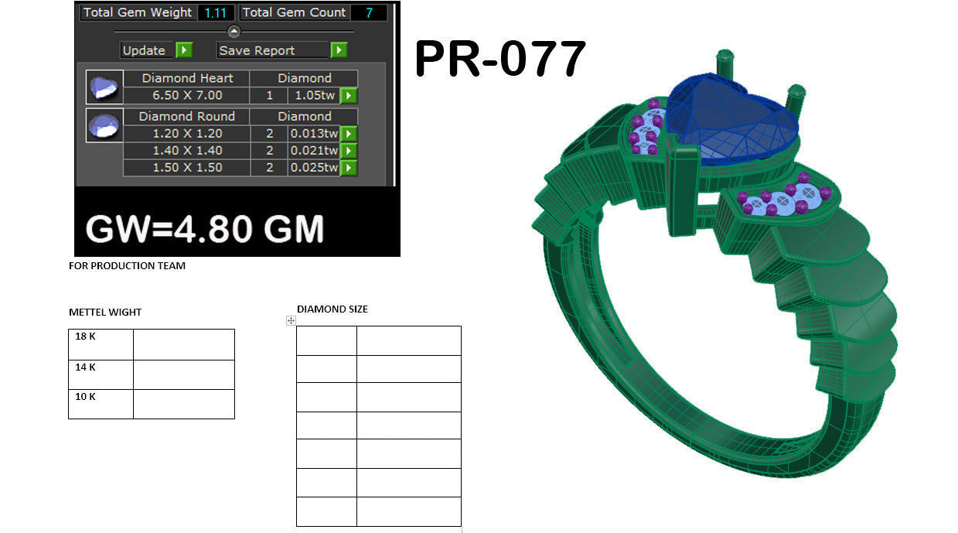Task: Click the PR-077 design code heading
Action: click(x=500, y=60)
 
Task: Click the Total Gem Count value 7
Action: click(x=369, y=12)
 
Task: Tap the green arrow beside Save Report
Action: click(x=339, y=50)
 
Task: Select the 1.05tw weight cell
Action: click(x=313, y=95)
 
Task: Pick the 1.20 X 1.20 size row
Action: click(x=187, y=133)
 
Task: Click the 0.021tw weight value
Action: click(x=313, y=150)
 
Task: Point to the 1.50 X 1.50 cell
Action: click(x=187, y=167)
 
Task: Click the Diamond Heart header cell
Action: click(x=187, y=78)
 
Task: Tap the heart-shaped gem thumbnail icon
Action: click(x=104, y=87)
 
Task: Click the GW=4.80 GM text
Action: click(x=204, y=230)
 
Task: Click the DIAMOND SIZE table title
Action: click(x=332, y=309)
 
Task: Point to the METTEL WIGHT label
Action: click(x=105, y=313)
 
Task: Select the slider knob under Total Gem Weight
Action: click(x=234, y=31)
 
